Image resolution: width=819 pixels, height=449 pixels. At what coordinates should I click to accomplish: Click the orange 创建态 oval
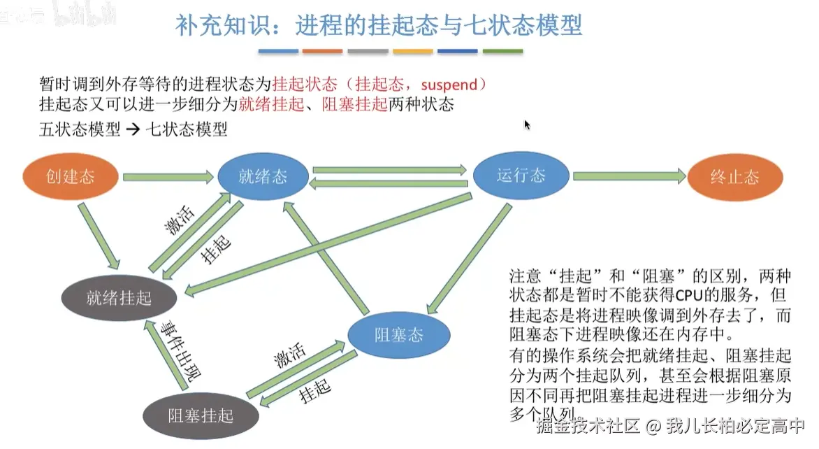coord(70,176)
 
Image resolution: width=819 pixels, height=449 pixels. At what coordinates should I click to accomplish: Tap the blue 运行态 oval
coord(521,175)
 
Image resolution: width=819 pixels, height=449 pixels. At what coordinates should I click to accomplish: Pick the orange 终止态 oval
coord(734,177)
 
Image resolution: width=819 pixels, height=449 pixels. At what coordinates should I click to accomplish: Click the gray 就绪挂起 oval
coord(118,298)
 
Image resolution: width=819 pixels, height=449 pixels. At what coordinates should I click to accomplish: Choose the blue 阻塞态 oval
coord(399,334)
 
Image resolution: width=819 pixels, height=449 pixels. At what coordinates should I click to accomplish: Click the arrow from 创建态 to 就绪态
coord(168,178)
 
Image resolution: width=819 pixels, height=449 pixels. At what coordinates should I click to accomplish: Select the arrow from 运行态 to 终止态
coord(629,177)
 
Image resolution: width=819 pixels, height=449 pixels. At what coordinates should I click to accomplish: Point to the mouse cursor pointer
coord(526,124)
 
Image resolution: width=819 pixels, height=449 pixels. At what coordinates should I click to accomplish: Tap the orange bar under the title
coord(322,51)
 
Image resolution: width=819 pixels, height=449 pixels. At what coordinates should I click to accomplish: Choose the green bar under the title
coord(502,51)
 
